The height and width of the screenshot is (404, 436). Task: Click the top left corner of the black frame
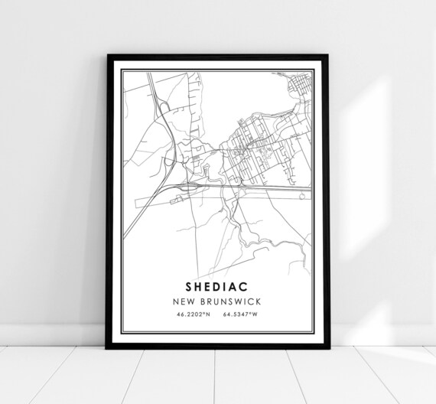pos(108,56)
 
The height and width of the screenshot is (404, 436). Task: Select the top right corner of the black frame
pos(327,56)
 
